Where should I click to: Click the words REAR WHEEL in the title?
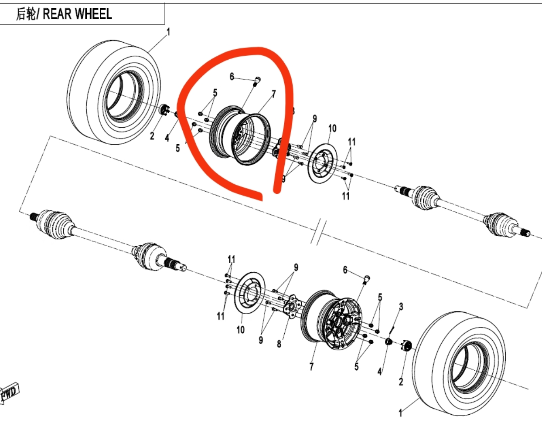[77, 14]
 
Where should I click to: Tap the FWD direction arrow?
[9, 394]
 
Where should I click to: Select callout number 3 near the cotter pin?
[401, 307]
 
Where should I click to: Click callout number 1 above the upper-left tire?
[168, 32]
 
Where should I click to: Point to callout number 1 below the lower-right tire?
[400, 412]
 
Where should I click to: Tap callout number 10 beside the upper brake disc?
[332, 129]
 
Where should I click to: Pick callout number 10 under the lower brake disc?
[241, 330]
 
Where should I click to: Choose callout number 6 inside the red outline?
[232, 77]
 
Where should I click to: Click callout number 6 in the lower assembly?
[345, 270]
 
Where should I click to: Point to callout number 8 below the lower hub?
[279, 344]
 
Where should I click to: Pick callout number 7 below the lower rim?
[311, 367]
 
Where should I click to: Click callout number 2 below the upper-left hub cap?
[152, 136]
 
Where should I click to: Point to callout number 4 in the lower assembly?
[379, 372]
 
